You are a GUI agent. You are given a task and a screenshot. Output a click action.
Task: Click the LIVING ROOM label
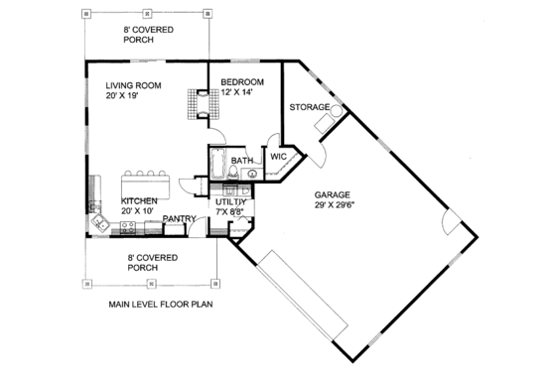[135, 85]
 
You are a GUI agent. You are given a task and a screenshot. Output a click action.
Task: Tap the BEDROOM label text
[241, 81]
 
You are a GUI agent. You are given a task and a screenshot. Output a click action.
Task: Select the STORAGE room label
[309, 106]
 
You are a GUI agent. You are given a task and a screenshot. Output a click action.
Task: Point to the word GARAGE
[332, 195]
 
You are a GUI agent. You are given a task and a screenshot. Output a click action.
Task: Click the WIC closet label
[277, 156]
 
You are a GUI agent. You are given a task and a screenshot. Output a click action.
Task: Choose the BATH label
[241, 161]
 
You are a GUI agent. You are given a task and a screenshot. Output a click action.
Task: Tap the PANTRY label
[178, 218]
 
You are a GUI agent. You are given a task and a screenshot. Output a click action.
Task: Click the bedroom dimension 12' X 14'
[237, 93]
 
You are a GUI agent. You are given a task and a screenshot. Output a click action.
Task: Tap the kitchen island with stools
[146, 184]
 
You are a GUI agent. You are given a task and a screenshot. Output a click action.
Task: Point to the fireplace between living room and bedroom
[203, 103]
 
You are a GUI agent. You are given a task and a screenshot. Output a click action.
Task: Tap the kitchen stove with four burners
[127, 227]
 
